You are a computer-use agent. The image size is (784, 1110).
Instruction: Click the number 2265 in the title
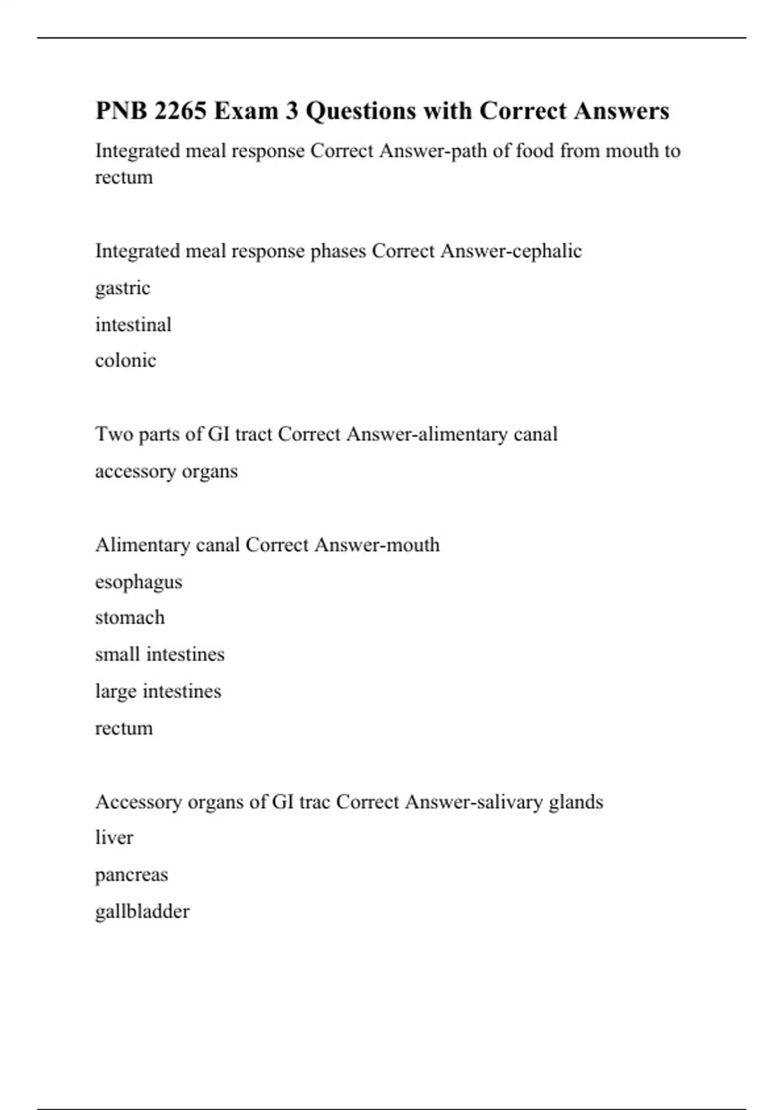click(180, 111)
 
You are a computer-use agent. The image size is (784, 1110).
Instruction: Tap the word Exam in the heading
click(246, 111)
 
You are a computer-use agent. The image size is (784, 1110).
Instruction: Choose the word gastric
click(123, 288)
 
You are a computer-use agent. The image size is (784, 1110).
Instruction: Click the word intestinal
click(133, 325)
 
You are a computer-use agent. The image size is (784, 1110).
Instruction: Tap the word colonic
click(125, 360)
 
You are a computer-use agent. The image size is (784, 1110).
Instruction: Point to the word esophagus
click(139, 582)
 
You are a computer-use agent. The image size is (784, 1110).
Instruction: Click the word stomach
click(130, 618)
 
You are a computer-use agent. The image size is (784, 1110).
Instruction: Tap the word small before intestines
click(118, 654)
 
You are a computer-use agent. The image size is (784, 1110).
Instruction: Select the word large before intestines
click(116, 691)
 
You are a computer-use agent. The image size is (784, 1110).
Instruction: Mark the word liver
click(114, 838)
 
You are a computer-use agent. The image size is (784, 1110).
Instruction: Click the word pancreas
click(131, 875)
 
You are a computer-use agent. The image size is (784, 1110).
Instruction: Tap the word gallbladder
click(142, 912)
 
